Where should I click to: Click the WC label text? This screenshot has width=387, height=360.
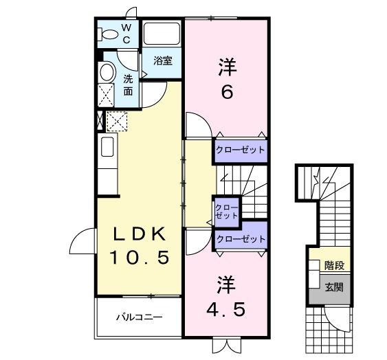point(126,33)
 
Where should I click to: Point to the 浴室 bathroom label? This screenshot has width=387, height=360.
point(162,60)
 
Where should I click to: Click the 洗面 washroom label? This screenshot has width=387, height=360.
point(129,84)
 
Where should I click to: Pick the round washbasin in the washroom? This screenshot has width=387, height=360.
point(107,73)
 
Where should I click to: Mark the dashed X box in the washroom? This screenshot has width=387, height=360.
point(106,94)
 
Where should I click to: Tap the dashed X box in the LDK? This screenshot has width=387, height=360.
point(116,122)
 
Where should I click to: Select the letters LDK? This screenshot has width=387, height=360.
point(139,234)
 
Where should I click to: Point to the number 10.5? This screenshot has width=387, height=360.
point(139,258)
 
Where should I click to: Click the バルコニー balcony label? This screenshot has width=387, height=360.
point(138,319)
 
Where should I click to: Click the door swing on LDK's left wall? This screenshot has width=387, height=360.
point(84,241)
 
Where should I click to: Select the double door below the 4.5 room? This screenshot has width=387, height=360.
point(225,346)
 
